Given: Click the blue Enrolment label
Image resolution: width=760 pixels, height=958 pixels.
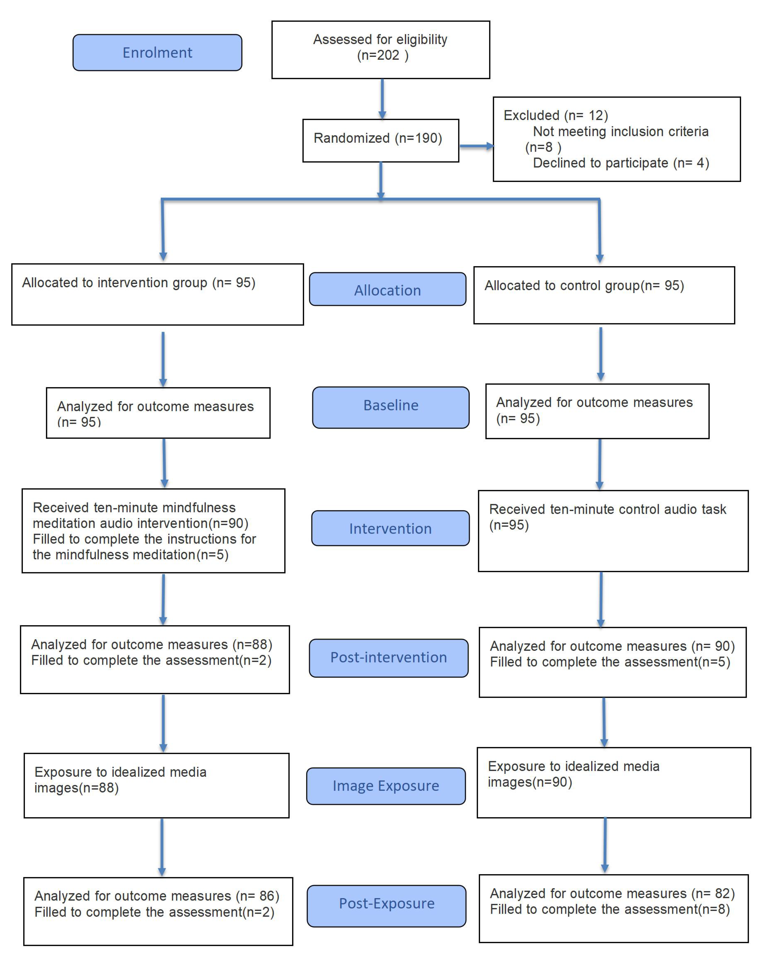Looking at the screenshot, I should [157, 52].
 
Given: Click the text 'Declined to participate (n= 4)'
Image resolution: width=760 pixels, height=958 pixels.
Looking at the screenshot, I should [620, 163].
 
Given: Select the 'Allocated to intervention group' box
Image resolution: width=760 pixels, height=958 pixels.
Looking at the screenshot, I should [157, 294].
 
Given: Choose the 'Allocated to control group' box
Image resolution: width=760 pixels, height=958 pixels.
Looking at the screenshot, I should [604, 295].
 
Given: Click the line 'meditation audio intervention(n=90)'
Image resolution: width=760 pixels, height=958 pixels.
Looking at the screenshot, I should [140, 523].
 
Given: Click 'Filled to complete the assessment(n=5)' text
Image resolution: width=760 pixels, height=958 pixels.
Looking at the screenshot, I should [610, 662].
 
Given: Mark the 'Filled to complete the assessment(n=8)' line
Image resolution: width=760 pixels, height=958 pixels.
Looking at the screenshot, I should [610, 910].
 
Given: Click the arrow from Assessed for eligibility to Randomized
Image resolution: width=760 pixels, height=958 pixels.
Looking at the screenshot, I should [382, 99].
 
